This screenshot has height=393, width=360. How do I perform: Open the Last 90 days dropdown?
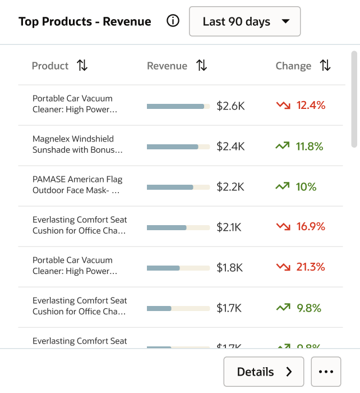tap(244, 22)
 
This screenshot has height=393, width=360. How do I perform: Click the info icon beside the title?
tap(173, 21)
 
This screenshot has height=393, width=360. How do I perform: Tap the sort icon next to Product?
tap(82, 66)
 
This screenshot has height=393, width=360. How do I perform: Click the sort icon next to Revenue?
tap(202, 66)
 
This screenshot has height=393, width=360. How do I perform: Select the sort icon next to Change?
tap(325, 66)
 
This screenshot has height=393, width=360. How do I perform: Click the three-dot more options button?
tap(326, 372)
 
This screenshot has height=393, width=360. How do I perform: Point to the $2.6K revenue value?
tap(230, 106)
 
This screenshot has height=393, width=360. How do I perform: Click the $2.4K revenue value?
tap(230, 147)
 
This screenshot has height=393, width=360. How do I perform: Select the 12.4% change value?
tap(311, 105)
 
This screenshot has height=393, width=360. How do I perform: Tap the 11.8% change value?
tap(310, 147)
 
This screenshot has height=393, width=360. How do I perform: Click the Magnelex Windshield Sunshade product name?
tap(77, 144)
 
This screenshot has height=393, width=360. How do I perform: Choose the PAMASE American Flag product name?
tap(77, 185)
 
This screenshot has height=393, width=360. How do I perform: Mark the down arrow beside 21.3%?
tap(283, 267)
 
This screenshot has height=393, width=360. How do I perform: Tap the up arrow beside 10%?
tap(283, 186)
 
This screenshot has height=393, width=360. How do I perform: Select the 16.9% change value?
tap(311, 226)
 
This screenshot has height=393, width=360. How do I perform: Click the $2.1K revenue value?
tap(229, 227)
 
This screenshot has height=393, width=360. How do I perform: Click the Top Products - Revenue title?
tap(85, 22)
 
